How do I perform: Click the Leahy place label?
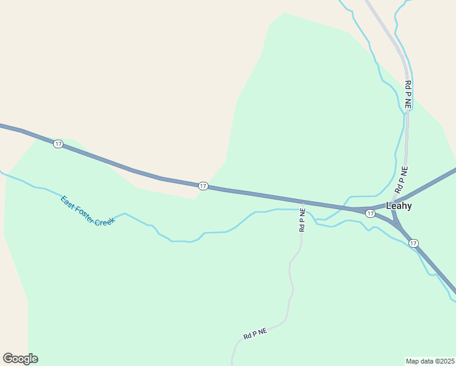(x=399, y=206)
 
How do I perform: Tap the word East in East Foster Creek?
(x=68, y=202)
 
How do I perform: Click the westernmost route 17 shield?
(x=58, y=144)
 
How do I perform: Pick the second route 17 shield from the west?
(x=203, y=185)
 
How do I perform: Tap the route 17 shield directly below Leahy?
(x=370, y=213)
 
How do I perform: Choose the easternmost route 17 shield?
(x=414, y=243)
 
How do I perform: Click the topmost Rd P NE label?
(x=408, y=95)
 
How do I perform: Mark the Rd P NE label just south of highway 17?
(x=302, y=220)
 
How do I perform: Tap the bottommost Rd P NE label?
(x=255, y=334)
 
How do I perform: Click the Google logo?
(x=20, y=359)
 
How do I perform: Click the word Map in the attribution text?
(x=413, y=361)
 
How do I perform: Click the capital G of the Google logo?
(x=8, y=359)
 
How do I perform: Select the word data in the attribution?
(x=427, y=361)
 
